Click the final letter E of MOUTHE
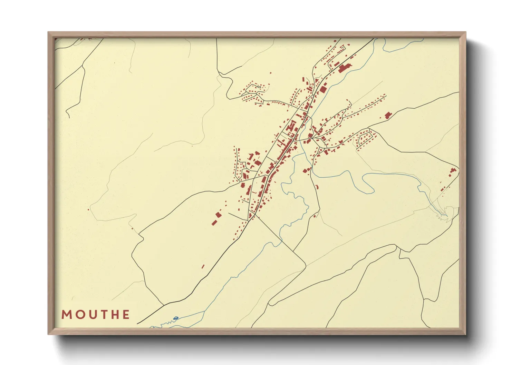click(126, 315)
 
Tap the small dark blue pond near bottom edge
click(176, 318)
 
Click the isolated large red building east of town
click(388, 115)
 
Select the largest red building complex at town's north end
click(344, 68)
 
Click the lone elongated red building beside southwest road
click(203, 266)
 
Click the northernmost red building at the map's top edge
click(335, 41)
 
